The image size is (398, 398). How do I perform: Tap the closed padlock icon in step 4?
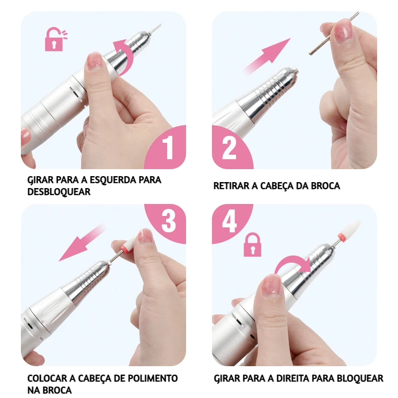(252, 245)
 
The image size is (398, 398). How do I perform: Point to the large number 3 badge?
(168, 221)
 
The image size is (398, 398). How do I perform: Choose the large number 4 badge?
(229, 221)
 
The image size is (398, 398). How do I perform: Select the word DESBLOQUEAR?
(59, 192)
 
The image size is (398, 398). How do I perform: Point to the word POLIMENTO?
(153, 378)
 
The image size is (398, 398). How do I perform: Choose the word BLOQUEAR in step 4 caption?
(360, 379)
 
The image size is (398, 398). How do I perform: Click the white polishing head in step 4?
(351, 229)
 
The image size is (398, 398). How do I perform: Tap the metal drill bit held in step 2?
(334, 33)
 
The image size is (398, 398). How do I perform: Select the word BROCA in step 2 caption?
(325, 186)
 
